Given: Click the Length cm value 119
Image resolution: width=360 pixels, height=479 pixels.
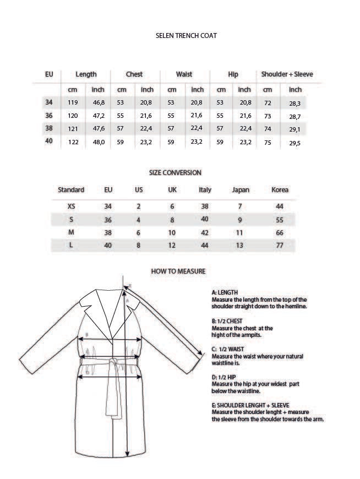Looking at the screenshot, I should point(73,103).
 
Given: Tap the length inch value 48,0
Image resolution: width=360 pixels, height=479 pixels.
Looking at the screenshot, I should point(98,142).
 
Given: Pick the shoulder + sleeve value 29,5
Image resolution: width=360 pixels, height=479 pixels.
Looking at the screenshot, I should point(295,143).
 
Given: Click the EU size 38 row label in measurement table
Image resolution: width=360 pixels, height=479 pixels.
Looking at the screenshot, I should point(48,128).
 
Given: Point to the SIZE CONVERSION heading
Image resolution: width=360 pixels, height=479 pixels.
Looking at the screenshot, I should point(175,172).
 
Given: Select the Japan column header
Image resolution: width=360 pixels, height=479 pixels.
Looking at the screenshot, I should point(240,190).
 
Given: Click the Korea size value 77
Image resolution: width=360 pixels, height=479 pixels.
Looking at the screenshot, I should point(280,246).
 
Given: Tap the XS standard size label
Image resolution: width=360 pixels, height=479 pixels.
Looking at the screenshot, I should point(70,206).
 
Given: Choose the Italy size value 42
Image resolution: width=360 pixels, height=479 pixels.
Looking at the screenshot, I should point(205,233).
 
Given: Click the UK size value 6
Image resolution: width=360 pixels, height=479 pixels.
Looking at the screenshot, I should point(172,206).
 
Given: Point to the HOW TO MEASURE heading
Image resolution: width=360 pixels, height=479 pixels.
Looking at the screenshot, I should point(178,271).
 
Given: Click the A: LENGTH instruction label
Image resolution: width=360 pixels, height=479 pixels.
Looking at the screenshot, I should point(225,292).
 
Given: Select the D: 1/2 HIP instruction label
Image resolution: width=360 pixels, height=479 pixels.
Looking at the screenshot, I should point(223,377).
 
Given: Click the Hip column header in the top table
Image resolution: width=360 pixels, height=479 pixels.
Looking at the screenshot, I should point(232,74).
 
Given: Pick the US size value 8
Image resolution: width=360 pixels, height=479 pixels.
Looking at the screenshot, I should point(139,246).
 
